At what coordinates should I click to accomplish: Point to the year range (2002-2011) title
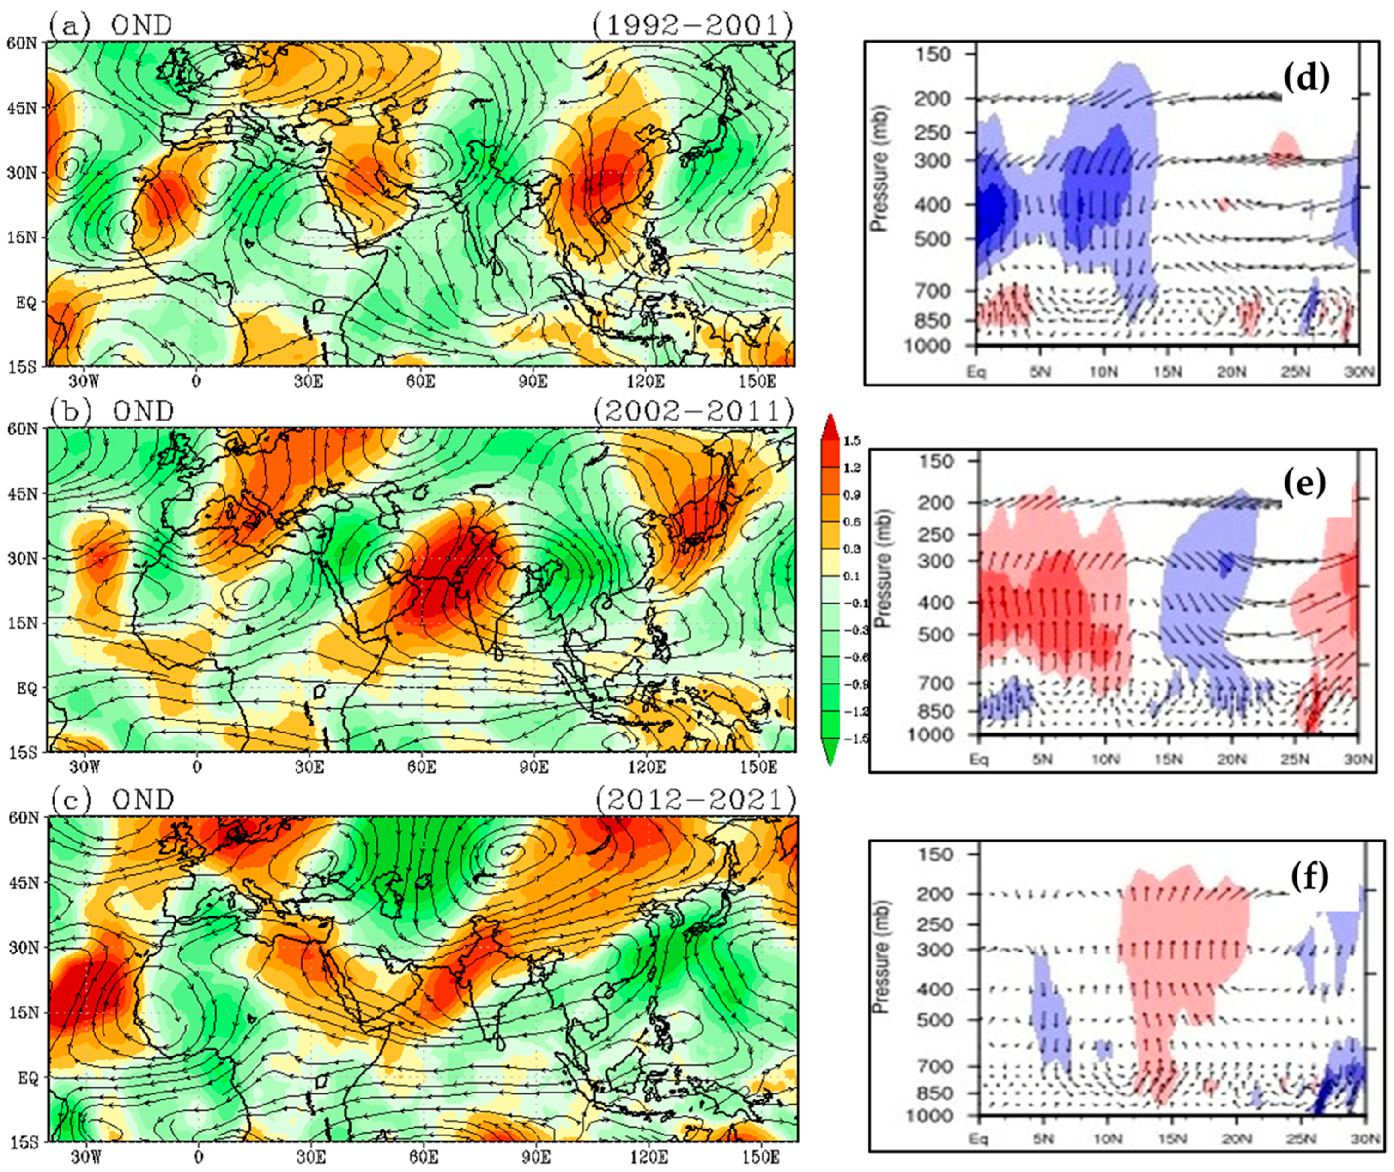pyautogui.click(x=693, y=411)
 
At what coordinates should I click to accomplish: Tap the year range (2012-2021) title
pyautogui.click(x=695, y=799)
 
